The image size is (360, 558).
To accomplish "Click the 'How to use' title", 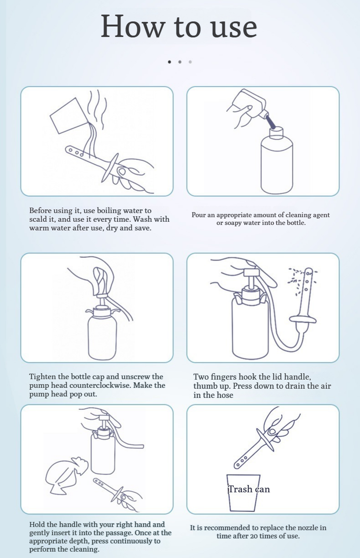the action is point(179,26).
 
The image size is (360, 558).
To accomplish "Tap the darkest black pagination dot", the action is point(169,62).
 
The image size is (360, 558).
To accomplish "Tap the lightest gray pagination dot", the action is point(190,62).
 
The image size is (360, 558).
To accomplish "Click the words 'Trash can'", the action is point(249,489).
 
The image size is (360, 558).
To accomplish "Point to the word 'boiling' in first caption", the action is point(109,211).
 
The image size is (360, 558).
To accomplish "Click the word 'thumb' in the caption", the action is point(205,386).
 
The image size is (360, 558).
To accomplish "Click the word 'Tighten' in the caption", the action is point(42,377).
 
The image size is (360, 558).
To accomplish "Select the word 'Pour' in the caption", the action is point(197,215).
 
